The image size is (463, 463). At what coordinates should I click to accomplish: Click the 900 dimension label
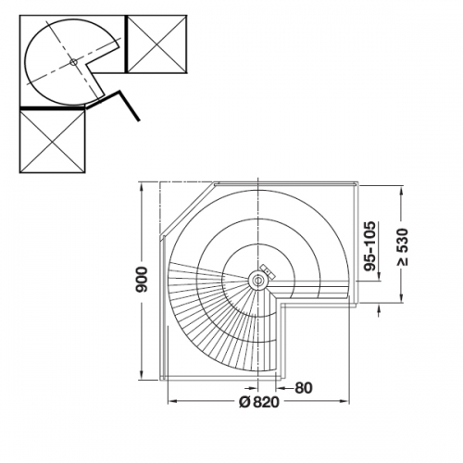(142, 280)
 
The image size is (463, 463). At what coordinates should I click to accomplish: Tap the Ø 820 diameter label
(259, 402)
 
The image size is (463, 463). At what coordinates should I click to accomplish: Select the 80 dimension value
(304, 388)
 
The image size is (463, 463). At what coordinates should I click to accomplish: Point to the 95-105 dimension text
(369, 246)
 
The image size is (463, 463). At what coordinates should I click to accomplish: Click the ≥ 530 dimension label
(402, 247)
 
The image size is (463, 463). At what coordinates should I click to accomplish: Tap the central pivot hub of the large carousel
(257, 281)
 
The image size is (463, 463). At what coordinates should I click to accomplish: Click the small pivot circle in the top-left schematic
(73, 62)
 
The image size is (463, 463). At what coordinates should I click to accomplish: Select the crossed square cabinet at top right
(156, 44)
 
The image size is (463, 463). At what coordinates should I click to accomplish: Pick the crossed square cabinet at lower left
(52, 141)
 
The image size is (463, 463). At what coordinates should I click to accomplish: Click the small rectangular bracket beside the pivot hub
(268, 270)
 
